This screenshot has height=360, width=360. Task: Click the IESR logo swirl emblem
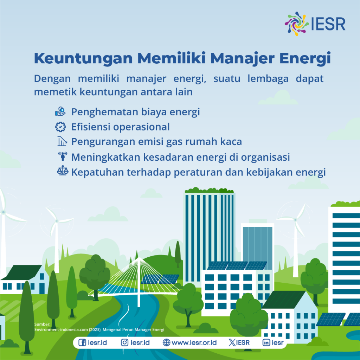point(297,23)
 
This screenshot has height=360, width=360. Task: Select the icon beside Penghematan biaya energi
point(60,112)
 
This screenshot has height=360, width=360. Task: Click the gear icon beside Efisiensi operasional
point(60,127)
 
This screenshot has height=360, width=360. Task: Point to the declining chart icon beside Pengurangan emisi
point(62,142)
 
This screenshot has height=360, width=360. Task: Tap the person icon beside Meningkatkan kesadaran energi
point(62,156)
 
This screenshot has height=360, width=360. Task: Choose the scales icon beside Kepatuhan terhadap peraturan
point(62,172)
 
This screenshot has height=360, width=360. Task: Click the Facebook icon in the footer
point(82,342)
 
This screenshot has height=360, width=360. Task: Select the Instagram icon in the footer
point(124,342)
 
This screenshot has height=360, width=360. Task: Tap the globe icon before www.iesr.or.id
point(167,342)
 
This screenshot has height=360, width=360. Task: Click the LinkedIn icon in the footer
point(266,342)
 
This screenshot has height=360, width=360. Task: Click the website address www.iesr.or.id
point(194,342)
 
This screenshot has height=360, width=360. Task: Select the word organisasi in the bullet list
point(265,157)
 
